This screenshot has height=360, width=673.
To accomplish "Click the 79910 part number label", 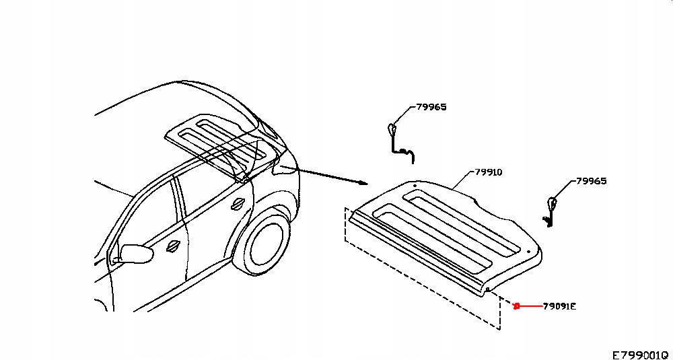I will (489, 172).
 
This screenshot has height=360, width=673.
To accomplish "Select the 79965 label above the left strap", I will (431, 107).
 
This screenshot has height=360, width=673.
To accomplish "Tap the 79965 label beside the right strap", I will (592, 181).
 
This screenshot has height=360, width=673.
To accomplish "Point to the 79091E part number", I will (560, 307).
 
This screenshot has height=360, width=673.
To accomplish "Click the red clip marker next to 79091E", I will (516, 307).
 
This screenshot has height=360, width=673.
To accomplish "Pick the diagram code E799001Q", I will (639, 354).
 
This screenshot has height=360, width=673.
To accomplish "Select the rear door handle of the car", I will (238, 203).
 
